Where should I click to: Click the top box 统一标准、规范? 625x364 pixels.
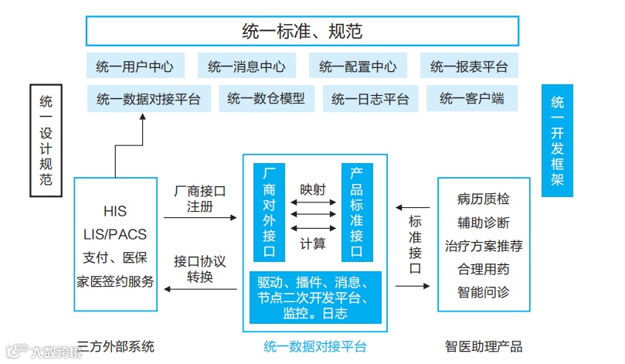(301, 31)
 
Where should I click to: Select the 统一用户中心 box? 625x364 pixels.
(134, 66)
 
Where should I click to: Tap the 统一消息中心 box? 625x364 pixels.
(246, 66)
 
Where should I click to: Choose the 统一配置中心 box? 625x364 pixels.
(358, 66)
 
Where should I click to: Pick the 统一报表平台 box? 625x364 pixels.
(469, 66)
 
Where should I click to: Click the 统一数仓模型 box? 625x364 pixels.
(267, 99)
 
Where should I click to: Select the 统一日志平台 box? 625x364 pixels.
(370, 99)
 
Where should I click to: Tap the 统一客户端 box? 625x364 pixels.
(469, 99)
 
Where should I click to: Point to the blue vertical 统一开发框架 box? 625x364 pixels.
(558, 140)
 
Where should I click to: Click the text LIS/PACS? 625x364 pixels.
(115, 234)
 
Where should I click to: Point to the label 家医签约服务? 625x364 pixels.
(115, 281)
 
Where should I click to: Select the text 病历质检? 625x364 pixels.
(484, 199)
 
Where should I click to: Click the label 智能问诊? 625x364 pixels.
(484, 293)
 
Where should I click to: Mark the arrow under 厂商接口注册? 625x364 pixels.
(200, 219)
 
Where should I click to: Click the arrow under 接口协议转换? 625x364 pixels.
(200, 289)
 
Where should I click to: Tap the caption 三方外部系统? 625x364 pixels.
(116, 346)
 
